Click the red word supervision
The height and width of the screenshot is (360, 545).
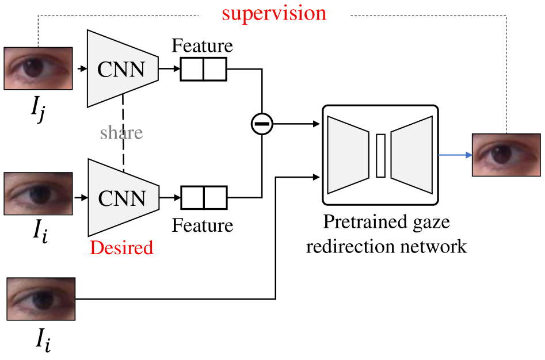tap(274, 13)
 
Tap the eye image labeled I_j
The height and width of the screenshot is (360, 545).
tap(39, 68)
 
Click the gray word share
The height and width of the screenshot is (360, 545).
tap(121, 133)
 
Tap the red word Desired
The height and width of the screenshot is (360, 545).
tap(121, 247)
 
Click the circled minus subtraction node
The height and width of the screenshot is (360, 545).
tap(262, 123)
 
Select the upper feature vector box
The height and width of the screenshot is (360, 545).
tap(204, 69)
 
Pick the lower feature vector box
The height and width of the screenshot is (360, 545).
tap(204, 197)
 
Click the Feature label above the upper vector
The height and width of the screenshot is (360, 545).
tap(202, 46)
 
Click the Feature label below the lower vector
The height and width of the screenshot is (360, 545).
tap(203, 225)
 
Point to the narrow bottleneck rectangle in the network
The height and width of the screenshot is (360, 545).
tap(380, 155)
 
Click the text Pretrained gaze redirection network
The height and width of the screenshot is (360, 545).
tap(386, 233)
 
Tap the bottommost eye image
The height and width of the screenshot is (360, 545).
tap(41, 299)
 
